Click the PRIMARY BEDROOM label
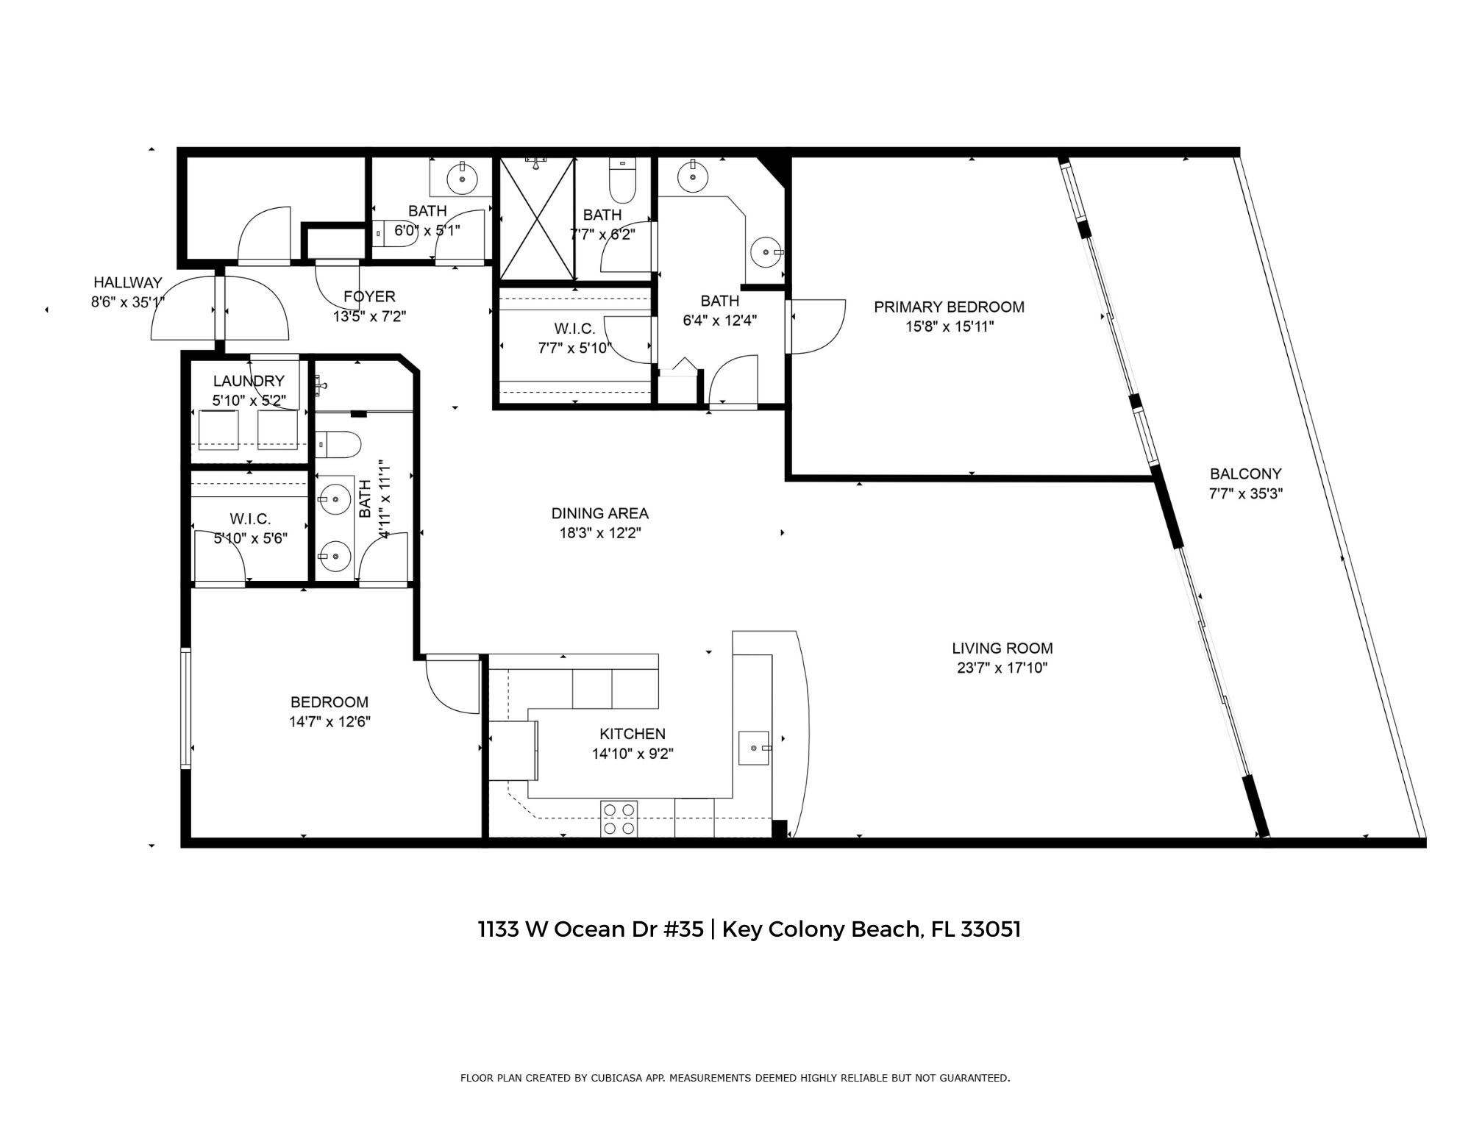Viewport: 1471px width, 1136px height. pos(949,307)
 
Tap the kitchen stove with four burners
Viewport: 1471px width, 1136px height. pos(619,818)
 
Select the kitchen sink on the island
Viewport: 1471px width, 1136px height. pos(754,748)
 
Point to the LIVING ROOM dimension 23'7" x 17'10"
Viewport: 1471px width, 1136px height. pos(1002,668)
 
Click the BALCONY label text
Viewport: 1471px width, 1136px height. pos(1245,474)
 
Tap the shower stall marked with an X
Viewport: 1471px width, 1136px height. pos(537,218)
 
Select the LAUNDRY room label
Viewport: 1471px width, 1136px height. pos(249,381)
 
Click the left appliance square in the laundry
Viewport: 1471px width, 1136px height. pos(218,429)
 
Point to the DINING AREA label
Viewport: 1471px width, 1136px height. pos(600,513)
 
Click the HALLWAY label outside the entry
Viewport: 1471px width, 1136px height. pos(127,282)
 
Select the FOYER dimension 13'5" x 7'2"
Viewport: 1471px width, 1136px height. pos(369,316)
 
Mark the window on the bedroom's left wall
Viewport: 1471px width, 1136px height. pos(185,708)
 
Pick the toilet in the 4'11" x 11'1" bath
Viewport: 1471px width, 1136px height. pos(340,444)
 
